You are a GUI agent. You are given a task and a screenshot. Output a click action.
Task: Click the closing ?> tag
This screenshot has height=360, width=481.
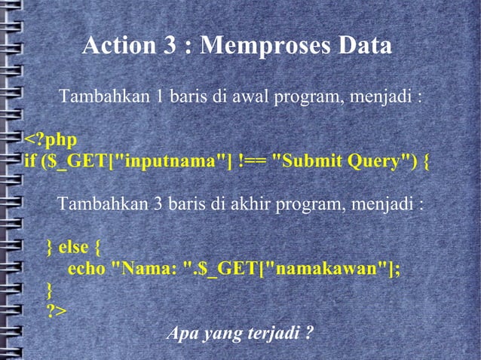tap(56, 311)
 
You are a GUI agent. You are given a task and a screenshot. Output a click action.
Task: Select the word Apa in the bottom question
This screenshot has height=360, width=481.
tap(180, 333)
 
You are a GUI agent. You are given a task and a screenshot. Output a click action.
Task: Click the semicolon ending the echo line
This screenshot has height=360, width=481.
tap(397, 270)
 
